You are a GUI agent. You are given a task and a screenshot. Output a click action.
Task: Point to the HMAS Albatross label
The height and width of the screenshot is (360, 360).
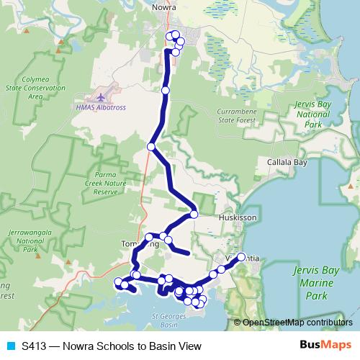click(100, 107)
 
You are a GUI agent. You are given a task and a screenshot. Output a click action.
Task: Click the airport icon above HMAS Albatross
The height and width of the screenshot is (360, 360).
click(100, 96)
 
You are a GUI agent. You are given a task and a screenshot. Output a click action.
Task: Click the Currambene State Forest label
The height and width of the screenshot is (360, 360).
click(242, 116)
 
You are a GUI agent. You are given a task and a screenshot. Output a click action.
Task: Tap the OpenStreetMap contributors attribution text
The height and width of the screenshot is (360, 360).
click(297, 323)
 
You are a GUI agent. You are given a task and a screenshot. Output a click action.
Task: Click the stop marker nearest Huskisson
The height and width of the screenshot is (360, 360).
click(194, 215)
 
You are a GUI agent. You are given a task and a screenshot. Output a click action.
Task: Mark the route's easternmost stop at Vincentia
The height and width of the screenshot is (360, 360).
click(241, 257)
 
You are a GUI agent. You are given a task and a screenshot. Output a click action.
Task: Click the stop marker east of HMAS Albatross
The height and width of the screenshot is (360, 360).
click(166, 91)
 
